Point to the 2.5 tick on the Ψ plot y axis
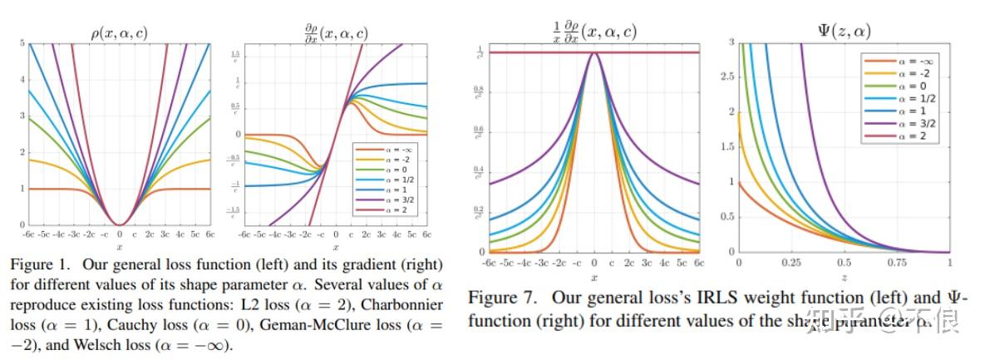tap(729, 76)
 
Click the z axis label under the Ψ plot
tap(845, 276)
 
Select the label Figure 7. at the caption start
tap(496, 298)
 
